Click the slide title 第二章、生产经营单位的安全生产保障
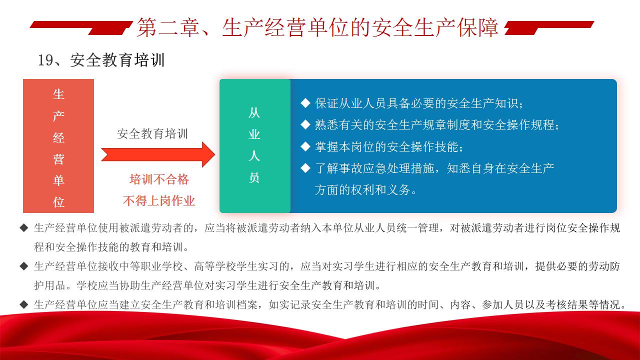pyautogui.click(x=317, y=27)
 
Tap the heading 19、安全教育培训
pyautogui.click(x=101, y=60)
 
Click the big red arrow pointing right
pyautogui.click(x=158, y=154)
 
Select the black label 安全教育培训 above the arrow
pyautogui.click(x=152, y=133)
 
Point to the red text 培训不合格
pyautogui.click(x=159, y=179)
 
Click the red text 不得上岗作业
pyautogui.click(x=159, y=201)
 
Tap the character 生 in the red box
pyautogui.click(x=58, y=94)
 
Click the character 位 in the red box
pyautogui.click(x=58, y=202)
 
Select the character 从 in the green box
pyautogui.click(x=254, y=113)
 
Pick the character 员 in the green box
pyautogui.click(x=254, y=177)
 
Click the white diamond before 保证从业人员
pyautogui.click(x=305, y=103)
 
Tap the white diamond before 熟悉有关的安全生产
pyautogui.click(x=305, y=124)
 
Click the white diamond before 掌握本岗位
pyautogui.click(x=305, y=146)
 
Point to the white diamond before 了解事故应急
pyautogui.click(x=305, y=168)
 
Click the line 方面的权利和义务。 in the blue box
pyautogui.click(x=366, y=189)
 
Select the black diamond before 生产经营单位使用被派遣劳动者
pyautogui.click(x=24, y=228)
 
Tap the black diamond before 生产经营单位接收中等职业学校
pyautogui.click(x=24, y=266)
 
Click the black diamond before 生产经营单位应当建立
pyautogui.click(x=24, y=304)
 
